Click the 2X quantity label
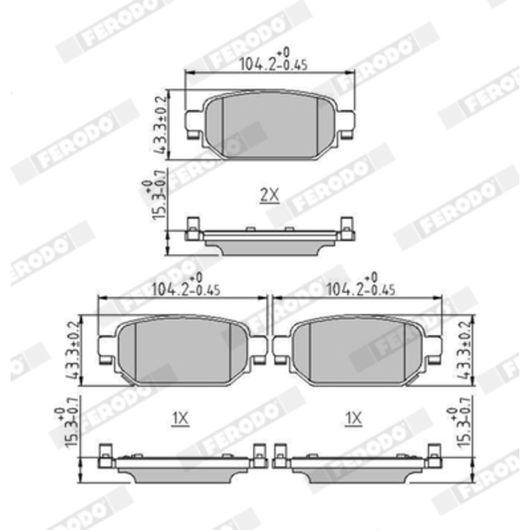pos(269,195)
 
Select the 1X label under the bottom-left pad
pos(180,418)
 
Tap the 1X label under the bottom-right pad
pos(353,418)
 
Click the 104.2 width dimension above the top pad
pos(273,63)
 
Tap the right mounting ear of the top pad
pos(346,123)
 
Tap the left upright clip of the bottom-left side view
pos(105,455)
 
